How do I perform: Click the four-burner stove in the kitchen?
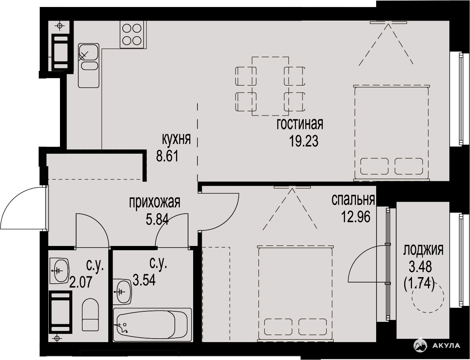tap(132, 35)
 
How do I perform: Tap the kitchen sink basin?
tap(88, 52)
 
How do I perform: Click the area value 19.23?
tap(304, 142)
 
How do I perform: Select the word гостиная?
tap(300, 124)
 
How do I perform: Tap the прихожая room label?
tap(155, 203)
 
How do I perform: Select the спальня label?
tap(353, 200)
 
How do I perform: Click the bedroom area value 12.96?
tap(356, 217)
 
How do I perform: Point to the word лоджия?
tap(423, 249)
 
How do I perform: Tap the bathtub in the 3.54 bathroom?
tap(152, 325)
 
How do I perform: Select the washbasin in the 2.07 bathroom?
tap(59, 270)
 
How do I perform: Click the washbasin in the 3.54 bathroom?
tap(122, 292)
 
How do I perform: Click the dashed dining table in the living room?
tap(270, 86)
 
